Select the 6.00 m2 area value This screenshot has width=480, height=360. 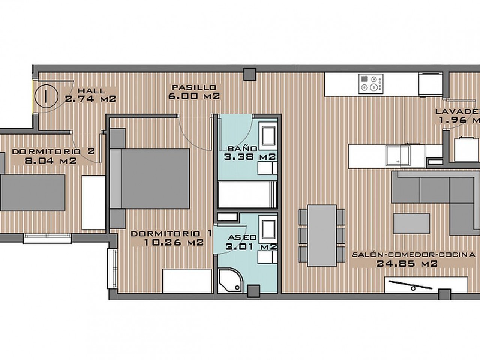194,96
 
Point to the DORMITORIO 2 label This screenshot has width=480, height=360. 53,152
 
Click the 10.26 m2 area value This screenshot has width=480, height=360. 174,243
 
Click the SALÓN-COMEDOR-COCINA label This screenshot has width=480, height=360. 414,255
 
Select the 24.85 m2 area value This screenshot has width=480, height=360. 407,264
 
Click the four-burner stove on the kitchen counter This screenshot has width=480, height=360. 371,84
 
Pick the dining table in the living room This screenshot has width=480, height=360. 322,235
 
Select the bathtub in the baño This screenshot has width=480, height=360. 247,194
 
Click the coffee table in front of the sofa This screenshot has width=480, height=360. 411,223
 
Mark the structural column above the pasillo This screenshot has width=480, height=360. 249,74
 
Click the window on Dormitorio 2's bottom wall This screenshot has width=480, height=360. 47,238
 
